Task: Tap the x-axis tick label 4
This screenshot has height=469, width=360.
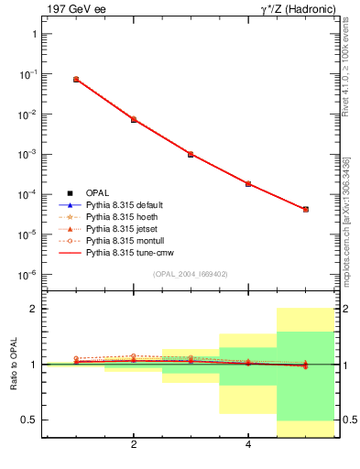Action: [x=248, y=445]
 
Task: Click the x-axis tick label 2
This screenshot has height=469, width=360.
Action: [x=134, y=445]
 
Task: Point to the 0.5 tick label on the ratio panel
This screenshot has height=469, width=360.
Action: [x=27, y=420]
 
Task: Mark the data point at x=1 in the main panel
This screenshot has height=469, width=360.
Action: [x=76, y=80]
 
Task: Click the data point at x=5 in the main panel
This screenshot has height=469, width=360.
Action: [x=306, y=210]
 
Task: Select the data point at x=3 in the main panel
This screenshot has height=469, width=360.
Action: [x=191, y=154]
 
